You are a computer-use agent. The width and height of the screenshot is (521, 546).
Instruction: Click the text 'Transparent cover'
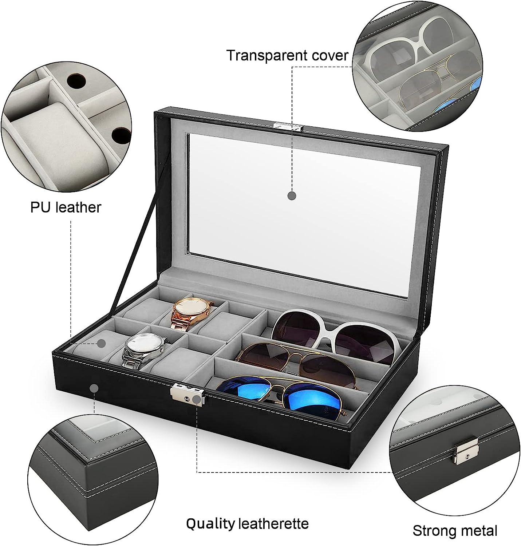pos(287,55)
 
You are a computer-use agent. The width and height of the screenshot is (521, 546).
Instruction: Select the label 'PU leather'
pos(66,207)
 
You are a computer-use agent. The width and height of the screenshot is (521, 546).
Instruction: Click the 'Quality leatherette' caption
pos(247,524)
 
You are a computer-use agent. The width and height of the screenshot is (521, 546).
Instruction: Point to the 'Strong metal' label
pos(455,531)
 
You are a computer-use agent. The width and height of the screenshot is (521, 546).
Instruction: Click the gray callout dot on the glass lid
pos(292,195)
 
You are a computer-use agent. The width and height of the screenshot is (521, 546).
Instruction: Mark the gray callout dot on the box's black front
pos(94,388)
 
